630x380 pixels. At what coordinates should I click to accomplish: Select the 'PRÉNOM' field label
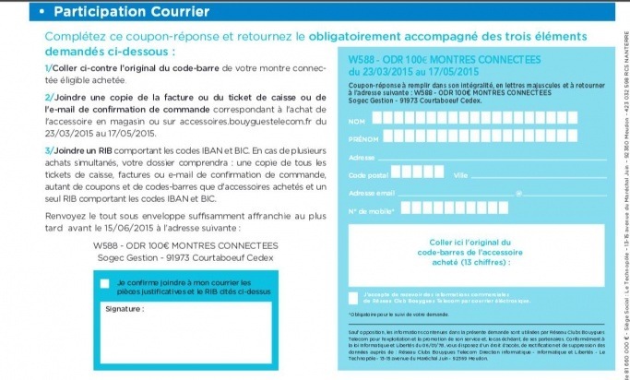click(362, 139)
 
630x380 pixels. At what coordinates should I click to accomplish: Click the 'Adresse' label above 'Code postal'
click(363, 157)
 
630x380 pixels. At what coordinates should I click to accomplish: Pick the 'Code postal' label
click(368, 174)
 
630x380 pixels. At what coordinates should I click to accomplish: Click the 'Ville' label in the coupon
click(461, 174)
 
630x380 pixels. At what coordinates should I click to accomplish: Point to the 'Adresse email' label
click(372, 193)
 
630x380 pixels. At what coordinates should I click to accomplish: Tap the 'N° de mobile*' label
click(372, 211)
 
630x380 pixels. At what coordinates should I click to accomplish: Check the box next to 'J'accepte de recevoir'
click(354, 297)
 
